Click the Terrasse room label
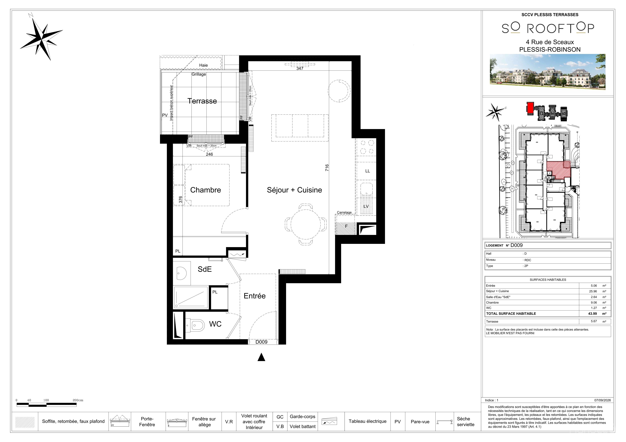point(202,101)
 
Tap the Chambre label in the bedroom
point(206,190)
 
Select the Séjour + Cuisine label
point(295,190)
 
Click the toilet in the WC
point(196,325)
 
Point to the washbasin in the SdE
point(181,273)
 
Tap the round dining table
point(306,224)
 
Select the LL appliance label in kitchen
point(367,171)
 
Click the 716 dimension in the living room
point(327,168)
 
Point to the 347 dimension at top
point(300,69)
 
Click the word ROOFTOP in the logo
point(560,28)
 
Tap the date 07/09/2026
point(603,400)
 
